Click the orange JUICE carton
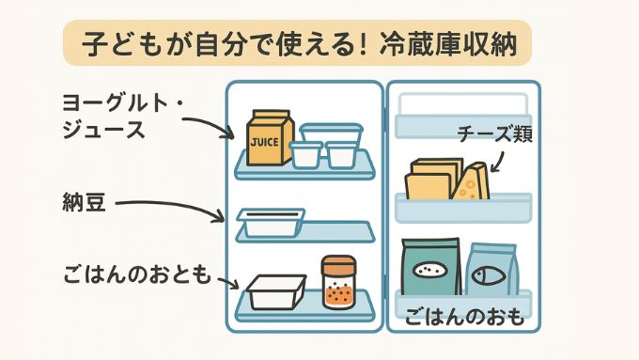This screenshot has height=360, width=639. click(271, 138)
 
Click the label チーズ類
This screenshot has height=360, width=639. click(495, 134)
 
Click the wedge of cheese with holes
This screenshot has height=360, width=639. click(472, 181)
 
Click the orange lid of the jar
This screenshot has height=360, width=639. click(337, 262)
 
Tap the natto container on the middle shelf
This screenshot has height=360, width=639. click(271, 223)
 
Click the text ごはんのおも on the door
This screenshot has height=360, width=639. click(463, 318)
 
